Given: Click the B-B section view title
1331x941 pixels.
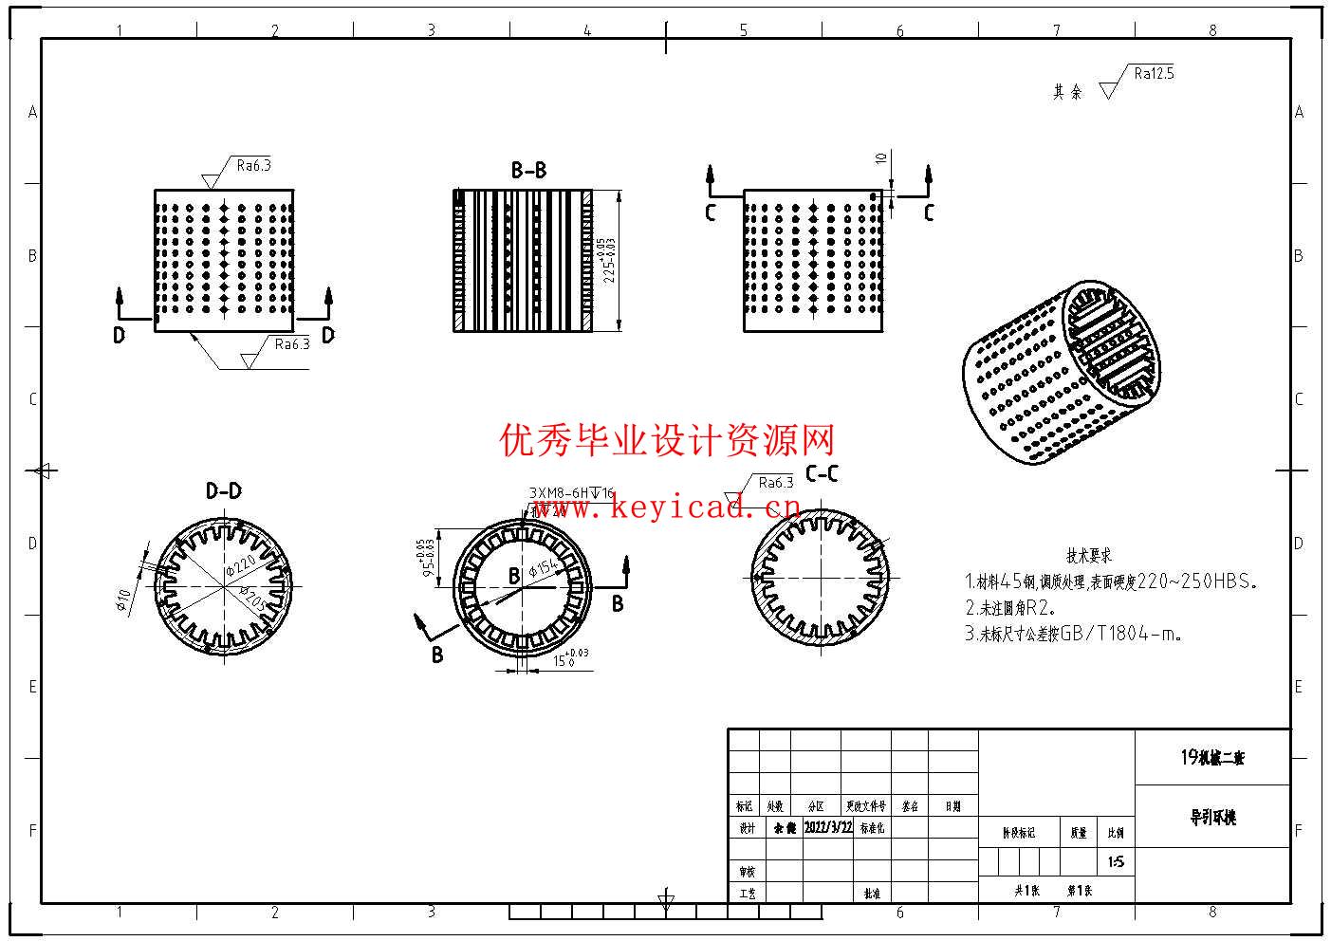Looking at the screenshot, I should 528,171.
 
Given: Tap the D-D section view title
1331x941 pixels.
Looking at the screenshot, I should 224,490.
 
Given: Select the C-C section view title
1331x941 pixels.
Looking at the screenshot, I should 822,474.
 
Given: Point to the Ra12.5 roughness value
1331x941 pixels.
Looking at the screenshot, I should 1154,73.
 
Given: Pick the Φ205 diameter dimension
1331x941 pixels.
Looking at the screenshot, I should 251,600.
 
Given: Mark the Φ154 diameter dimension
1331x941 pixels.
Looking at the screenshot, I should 545,565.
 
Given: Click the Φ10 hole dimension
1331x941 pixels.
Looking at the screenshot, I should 124,600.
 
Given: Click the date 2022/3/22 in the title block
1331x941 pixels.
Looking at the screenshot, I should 828,827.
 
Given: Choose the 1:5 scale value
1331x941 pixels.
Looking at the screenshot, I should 1116,862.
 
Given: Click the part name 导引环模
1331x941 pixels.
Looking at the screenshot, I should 1212,817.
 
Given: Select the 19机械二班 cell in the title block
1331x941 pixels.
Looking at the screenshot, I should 1212,757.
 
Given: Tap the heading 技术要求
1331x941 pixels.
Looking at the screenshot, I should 1088,556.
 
